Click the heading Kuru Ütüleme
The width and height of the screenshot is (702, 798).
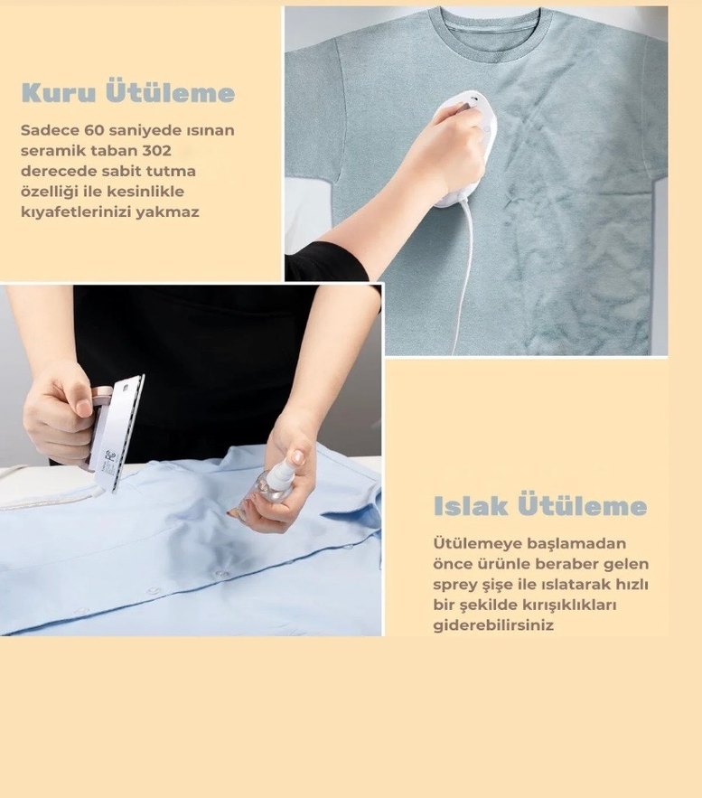[127, 93]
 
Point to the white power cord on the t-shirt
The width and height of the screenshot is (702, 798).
[463, 271]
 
